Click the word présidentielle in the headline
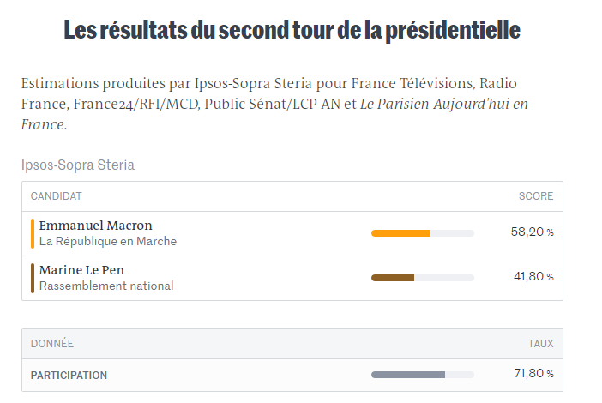point(453,30)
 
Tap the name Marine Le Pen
point(81,270)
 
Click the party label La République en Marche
point(108,242)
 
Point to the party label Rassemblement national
point(106,286)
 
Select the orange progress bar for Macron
point(400,233)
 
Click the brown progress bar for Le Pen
point(393,278)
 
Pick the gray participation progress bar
point(408,375)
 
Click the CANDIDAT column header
point(56,196)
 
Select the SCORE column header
point(536,196)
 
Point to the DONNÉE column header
point(51,344)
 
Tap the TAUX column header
point(540,344)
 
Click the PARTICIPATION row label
point(69,376)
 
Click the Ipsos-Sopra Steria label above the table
point(78,165)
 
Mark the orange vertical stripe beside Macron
point(33,233)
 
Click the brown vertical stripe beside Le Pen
point(33,278)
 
